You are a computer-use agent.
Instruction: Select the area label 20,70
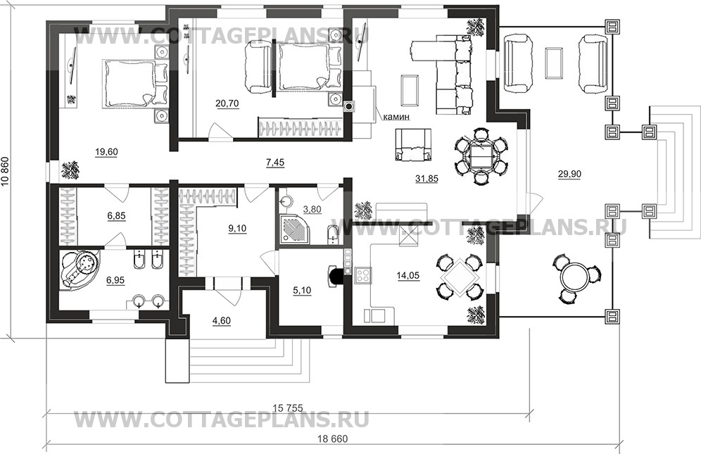[x=226, y=104]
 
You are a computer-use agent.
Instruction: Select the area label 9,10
[x=238, y=227]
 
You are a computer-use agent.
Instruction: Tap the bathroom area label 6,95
[x=116, y=280]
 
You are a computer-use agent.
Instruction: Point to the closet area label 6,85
[x=116, y=217]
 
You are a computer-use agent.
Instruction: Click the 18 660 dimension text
[x=332, y=438]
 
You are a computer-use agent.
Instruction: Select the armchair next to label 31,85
[x=413, y=144]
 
